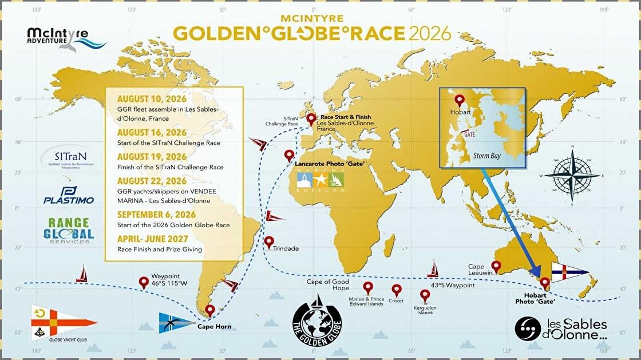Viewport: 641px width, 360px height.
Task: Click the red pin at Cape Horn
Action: pyautogui.click(x=210, y=310)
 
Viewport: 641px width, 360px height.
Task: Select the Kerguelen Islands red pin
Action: pyautogui.click(x=425, y=294)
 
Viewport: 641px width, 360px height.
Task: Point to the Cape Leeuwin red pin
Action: pyautogui.click(x=497, y=266)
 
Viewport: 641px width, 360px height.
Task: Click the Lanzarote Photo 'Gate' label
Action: pyautogui.click(x=330, y=164)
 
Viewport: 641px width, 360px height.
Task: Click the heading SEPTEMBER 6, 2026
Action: pyautogui.click(x=152, y=215)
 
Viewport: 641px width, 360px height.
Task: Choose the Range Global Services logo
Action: pyautogui.click(x=68, y=231)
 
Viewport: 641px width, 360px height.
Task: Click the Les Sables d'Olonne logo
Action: pyautogui.click(x=561, y=329)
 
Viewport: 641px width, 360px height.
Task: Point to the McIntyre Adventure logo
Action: pyautogui.click(x=65, y=40)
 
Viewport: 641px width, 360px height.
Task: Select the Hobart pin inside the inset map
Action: pyautogui.click(x=456, y=98)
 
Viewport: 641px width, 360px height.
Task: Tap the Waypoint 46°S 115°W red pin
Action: pyautogui.click(x=144, y=282)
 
